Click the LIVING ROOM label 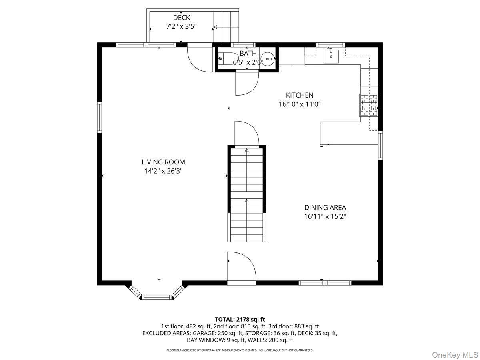pyautogui.click(x=163, y=162)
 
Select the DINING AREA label pyautogui.click(x=325, y=208)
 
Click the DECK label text pyautogui.click(x=182, y=18)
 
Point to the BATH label pyautogui.click(x=248, y=53)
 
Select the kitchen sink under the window pyautogui.click(x=331, y=56)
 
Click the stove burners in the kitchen pyautogui.click(x=368, y=105)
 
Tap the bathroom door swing pyautogui.click(x=246, y=83)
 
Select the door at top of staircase pyautogui.click(x=246, y=134)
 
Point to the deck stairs pyautogui.click(x=226, y=26)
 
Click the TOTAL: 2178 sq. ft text pyautogui.click(x=240, y=319)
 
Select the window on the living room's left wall pyautogui.click(x=100, y=117)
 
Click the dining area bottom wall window pyautogui.click(x=325, y=283)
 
